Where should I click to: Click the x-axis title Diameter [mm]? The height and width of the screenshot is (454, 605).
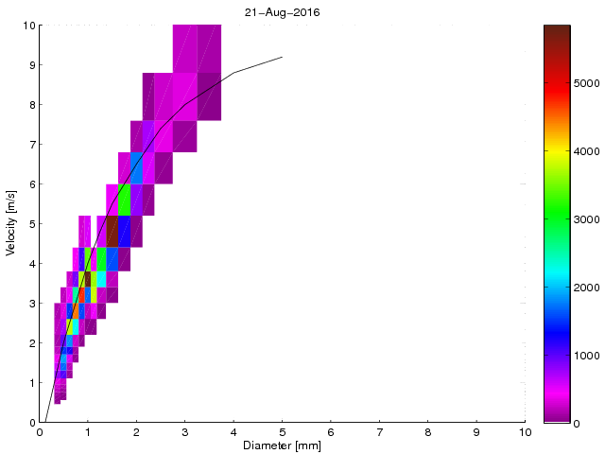coord(282,445)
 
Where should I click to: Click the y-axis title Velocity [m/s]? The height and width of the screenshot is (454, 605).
coord(10,224)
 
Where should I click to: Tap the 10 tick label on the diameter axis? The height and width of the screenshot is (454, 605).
coord(525,431)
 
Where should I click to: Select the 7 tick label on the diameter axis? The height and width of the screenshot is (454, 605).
coord(379,431)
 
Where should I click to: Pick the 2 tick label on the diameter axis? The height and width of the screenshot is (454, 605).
coord(136,431)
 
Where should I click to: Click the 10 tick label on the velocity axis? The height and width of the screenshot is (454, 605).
coord(29,26)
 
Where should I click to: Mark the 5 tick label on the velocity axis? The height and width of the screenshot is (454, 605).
coord(32,224)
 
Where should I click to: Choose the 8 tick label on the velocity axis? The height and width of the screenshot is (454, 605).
coord(32,105)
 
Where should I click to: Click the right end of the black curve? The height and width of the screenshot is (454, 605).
coord(282,58)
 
